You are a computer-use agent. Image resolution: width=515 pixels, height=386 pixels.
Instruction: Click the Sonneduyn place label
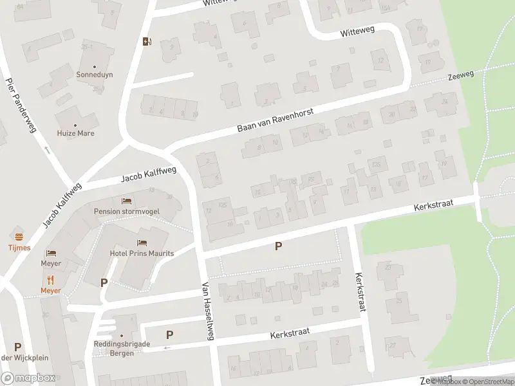click(95, 75)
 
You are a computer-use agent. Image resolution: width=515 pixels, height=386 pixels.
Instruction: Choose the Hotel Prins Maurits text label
click(142, 253)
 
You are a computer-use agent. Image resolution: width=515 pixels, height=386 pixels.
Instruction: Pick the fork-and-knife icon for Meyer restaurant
click(51, 279)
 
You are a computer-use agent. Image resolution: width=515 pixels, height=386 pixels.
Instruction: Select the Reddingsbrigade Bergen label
click(120, 348)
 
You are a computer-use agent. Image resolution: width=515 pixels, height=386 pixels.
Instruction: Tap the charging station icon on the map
click(147, 42)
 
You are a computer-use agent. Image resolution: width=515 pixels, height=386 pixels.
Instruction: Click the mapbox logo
click(28, 378)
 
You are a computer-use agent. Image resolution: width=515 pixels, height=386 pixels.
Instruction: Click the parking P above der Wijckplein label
click(17, 347)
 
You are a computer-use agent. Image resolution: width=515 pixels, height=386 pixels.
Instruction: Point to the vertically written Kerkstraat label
click(359, 291)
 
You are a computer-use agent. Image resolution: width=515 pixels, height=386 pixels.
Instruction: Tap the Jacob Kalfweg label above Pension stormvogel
click(149, 174)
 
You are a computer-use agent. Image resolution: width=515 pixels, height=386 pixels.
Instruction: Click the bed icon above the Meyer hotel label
click(51, 253)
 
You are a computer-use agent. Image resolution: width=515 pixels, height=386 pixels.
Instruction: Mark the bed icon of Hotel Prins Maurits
click(142, 243)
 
